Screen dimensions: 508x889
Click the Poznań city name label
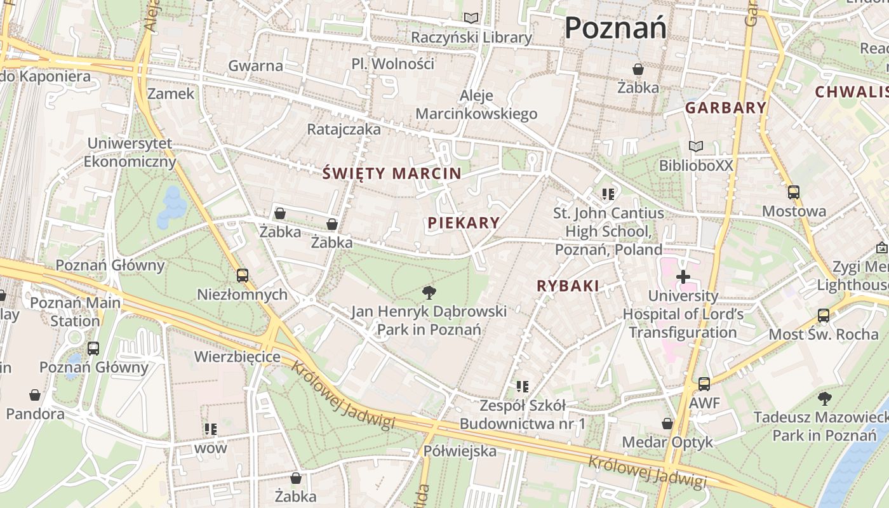[x=615, y=28]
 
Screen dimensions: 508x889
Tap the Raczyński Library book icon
[x=471, y=18]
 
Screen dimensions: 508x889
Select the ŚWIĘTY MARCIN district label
[x=392, y=173]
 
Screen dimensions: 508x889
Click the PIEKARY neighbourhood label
[x=464, y=223]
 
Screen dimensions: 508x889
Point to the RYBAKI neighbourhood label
[x=568, y=286]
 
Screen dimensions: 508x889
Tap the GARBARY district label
[x=726, y=108]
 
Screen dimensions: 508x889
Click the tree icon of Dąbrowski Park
[x=429, y=292]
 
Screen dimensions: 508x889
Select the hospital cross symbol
[x=683, y=277]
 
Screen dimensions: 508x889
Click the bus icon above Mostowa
[x=794, y=192]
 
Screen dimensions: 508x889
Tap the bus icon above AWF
[x=704, y=384]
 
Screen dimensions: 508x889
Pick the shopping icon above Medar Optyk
[x=667, y=423]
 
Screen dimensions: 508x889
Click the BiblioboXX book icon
[x=696, y=147]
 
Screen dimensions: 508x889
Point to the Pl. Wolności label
[x=393, y=64]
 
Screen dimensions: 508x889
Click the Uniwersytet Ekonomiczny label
[x=130, y=152]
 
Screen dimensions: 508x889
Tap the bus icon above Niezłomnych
[x=242, y=275]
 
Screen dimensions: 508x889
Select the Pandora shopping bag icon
[x=35, y=395]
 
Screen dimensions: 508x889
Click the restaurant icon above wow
[x=211, y=429]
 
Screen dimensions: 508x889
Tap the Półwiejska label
[x=460, y=451]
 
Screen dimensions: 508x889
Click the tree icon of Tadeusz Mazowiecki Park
[x=824, y=399]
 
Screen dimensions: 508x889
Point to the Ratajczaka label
[x=344, y=130]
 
